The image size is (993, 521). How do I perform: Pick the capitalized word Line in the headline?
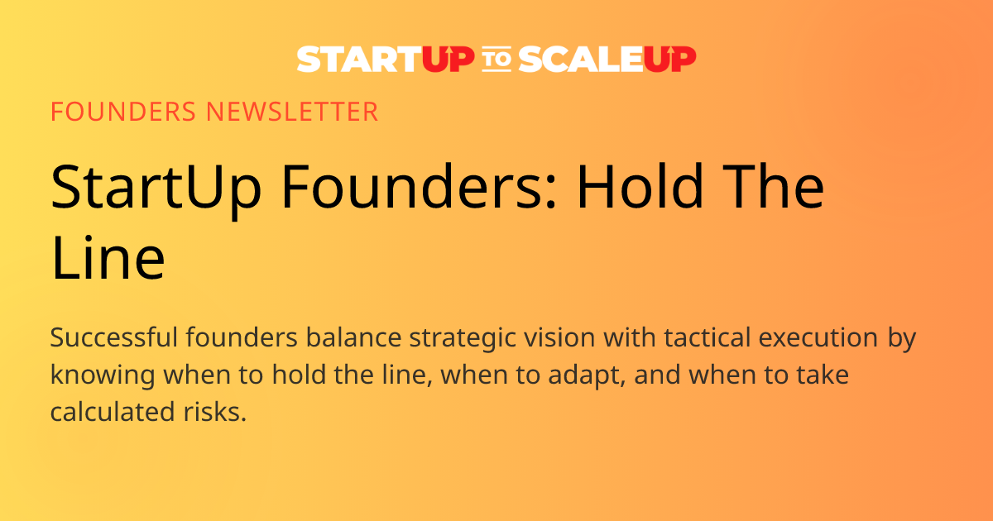[108, 258]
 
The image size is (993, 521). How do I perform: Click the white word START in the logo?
[359, 60]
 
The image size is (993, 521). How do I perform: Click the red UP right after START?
[448, 60]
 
